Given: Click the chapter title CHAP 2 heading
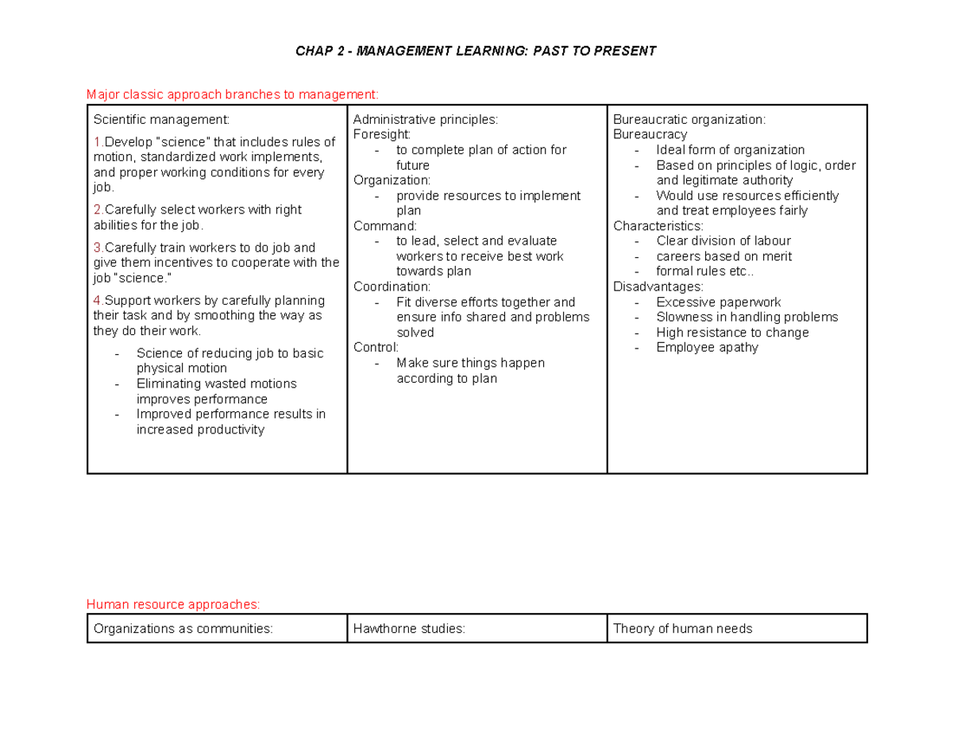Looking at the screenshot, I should pos(476,52).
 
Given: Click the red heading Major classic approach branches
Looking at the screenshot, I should pos(233,94).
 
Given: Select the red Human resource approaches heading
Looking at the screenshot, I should pos(173,605).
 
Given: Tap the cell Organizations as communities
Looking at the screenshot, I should pos(183,629).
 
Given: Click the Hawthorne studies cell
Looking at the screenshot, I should pos(409,629).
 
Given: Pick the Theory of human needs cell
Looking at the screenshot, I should pos(682,629).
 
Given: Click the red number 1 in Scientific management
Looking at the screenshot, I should pos(97,142).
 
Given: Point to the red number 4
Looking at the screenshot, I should pos(97,301).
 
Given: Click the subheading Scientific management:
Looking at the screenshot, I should pos(161,120).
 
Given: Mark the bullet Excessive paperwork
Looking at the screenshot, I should pos(718,302).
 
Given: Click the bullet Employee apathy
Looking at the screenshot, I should pos(707,348).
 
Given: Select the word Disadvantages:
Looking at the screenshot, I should pos(658,287).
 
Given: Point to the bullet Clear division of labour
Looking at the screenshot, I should pos(723,241).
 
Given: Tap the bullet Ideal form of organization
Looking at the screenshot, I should pos(730,150).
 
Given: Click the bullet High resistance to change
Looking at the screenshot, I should pos(732,333).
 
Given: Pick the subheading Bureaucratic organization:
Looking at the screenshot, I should pos(689,120).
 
